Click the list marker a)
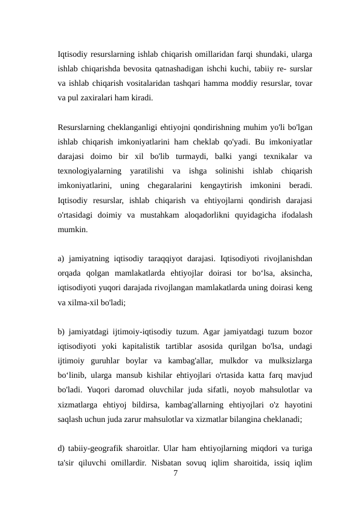point(62,260)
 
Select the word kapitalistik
point(138,346)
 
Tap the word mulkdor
point(223,360)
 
